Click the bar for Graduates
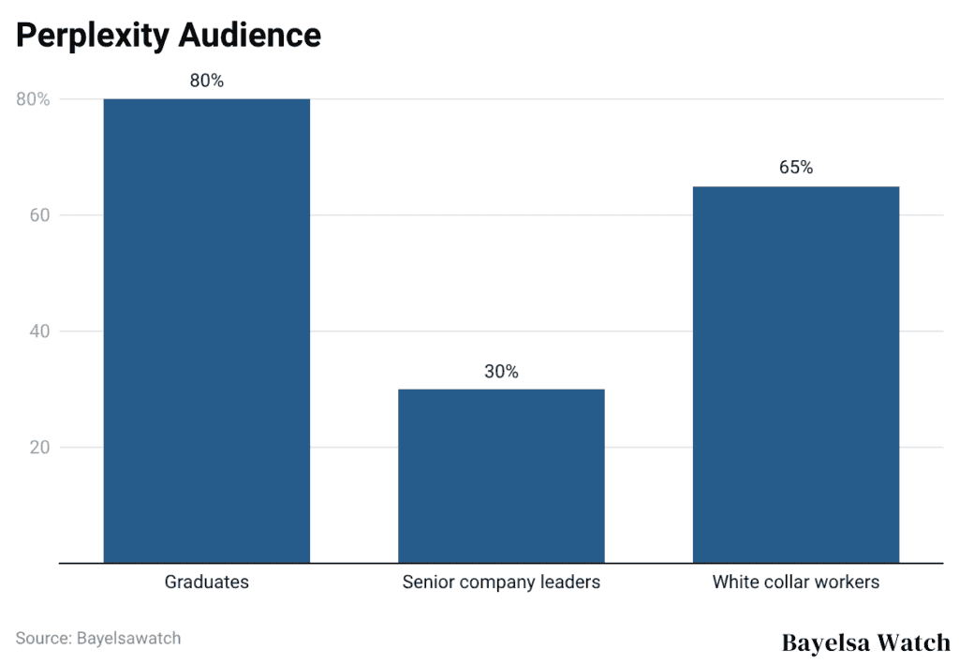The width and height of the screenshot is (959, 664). [x=206, y=330]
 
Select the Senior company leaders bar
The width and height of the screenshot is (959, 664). [x=501, y=476]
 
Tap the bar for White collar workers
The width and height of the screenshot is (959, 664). [x=795, y=375]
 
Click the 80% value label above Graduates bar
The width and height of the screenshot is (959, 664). [x=206, y=81]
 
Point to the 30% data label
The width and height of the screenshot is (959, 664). [x=501, y=372]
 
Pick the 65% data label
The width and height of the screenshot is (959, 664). [x=795, y=168]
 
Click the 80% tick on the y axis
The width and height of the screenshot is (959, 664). [x=33, y=99]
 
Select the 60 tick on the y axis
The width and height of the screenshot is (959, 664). [x=37, y=215]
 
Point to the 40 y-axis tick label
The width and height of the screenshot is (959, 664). [x=37, y=332]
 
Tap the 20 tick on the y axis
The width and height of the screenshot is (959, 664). [x=37, y=448]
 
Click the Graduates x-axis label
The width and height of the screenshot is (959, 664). [x=206, y=582]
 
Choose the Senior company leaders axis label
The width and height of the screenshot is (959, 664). [x=501, y=582]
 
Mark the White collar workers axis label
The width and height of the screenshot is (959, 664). [x=795, y=582]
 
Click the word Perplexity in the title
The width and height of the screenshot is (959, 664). [x=92, y=36]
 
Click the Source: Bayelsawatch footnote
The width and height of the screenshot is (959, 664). [x=97, y=638]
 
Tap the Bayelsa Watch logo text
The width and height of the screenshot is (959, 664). [x=865, y=642]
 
